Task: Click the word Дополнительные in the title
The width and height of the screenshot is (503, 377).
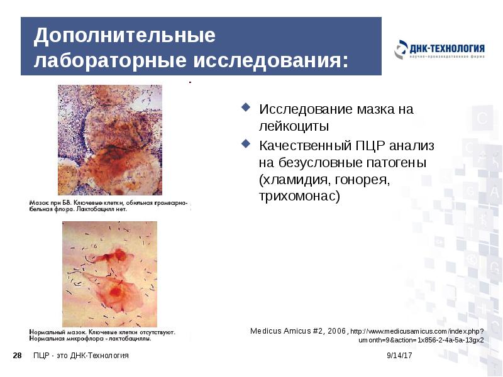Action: pos(124,36)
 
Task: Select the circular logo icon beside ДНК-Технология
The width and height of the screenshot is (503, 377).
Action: pos(401,49)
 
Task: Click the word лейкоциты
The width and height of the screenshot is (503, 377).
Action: pos(294,126)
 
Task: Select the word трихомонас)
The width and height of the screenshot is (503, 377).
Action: pos(299,196)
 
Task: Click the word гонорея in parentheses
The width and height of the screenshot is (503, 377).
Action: pos(360,180)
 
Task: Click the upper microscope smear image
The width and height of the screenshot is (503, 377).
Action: pos(110,139)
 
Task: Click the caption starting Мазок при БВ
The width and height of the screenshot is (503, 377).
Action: pos(109,205)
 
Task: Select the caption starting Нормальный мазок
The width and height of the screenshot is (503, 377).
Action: pos(102,334)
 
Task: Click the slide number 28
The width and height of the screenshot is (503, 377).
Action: pos(18,356)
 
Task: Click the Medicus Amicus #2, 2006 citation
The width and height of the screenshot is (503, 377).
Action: pos(299,331)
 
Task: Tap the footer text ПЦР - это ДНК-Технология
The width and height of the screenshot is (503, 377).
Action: pos(81,356)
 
